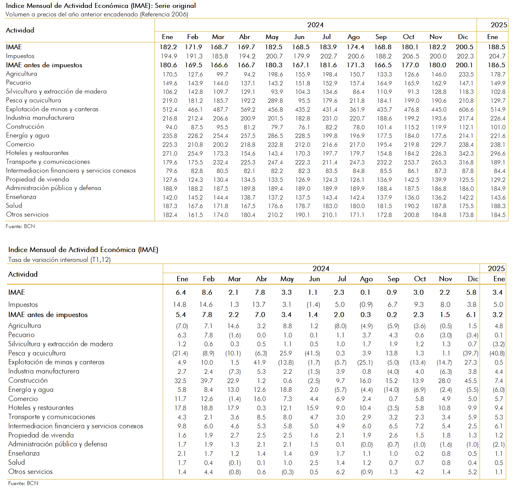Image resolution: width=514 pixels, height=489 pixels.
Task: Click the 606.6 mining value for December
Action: (x=466, y=110)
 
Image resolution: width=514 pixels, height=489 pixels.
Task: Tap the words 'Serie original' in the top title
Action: (x=175, y=6)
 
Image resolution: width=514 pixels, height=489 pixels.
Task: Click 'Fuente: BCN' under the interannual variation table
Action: (x=23, y=483)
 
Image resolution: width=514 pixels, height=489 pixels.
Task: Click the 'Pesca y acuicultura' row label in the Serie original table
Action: (x=33, y=100)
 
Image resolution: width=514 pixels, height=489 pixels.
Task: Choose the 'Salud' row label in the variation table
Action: (x=16, y=462)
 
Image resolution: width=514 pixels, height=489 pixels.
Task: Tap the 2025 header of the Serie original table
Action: (x=499, y=25)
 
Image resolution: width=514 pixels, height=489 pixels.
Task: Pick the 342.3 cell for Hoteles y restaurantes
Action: (x=466, y=154)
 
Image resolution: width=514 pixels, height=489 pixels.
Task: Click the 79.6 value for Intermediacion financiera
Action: (x=171, y=171)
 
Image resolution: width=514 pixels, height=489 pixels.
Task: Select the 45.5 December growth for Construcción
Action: (x=471, y=381)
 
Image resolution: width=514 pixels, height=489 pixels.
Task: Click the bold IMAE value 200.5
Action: (x=464, y=47)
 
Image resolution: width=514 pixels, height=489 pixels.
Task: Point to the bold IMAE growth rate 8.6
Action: (x=207, y=292)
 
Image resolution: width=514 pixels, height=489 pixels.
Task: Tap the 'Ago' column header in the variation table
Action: (x=366, y=279)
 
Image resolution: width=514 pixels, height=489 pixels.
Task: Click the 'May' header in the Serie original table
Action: (x=272, y=37)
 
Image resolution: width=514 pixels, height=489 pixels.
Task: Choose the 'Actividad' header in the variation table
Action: (x=23, y=274)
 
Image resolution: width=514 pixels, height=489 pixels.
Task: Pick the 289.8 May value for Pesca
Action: (x=275, y=101)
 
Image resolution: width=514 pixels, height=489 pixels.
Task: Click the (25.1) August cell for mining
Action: (x=365, y=363)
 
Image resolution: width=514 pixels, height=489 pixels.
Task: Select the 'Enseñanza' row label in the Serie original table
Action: (x=21, y=197)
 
